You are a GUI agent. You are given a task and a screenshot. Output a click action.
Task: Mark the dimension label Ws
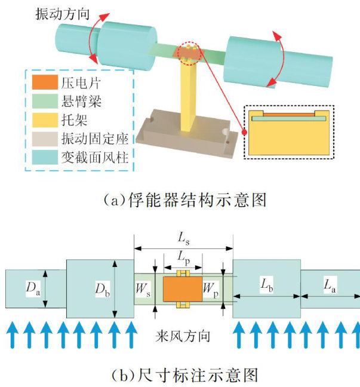(x=144, y=289)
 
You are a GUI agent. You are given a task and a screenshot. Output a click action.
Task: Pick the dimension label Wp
(x=211, y=289)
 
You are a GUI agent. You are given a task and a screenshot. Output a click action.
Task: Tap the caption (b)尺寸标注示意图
(x=180, y=374)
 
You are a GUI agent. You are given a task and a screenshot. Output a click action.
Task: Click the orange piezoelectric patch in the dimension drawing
(x=183, y=288)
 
